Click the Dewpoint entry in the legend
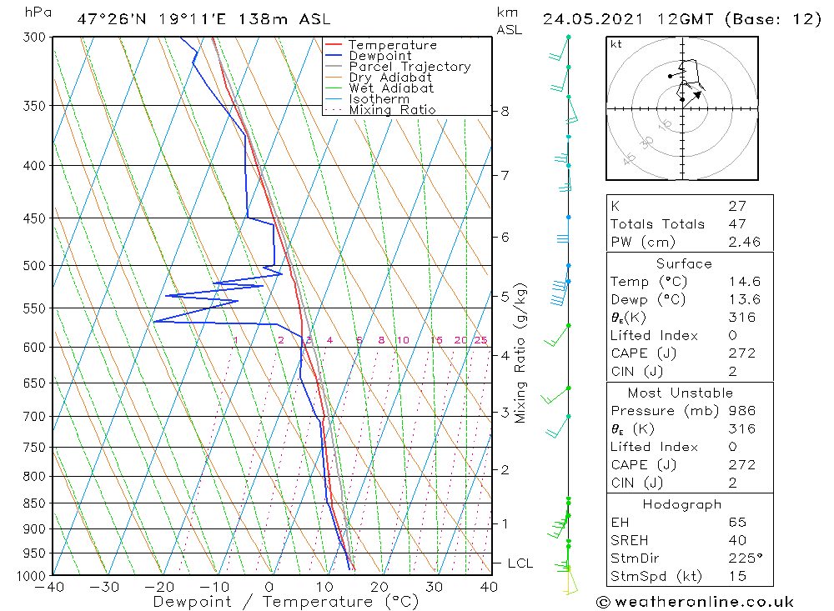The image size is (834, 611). tap(379, 56)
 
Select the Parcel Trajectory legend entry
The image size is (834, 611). tap(409, 67)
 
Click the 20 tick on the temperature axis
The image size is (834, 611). tap(379, 587)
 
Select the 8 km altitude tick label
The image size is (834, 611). tap(505, 111)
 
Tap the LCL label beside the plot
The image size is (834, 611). tap(520, 563)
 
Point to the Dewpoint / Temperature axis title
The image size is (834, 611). tap(286, 602)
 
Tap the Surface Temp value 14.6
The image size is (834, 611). tap(744, 283)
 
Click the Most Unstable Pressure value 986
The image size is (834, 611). tap(741, 411)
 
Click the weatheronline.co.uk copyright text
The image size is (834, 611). tap(695, 602)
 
